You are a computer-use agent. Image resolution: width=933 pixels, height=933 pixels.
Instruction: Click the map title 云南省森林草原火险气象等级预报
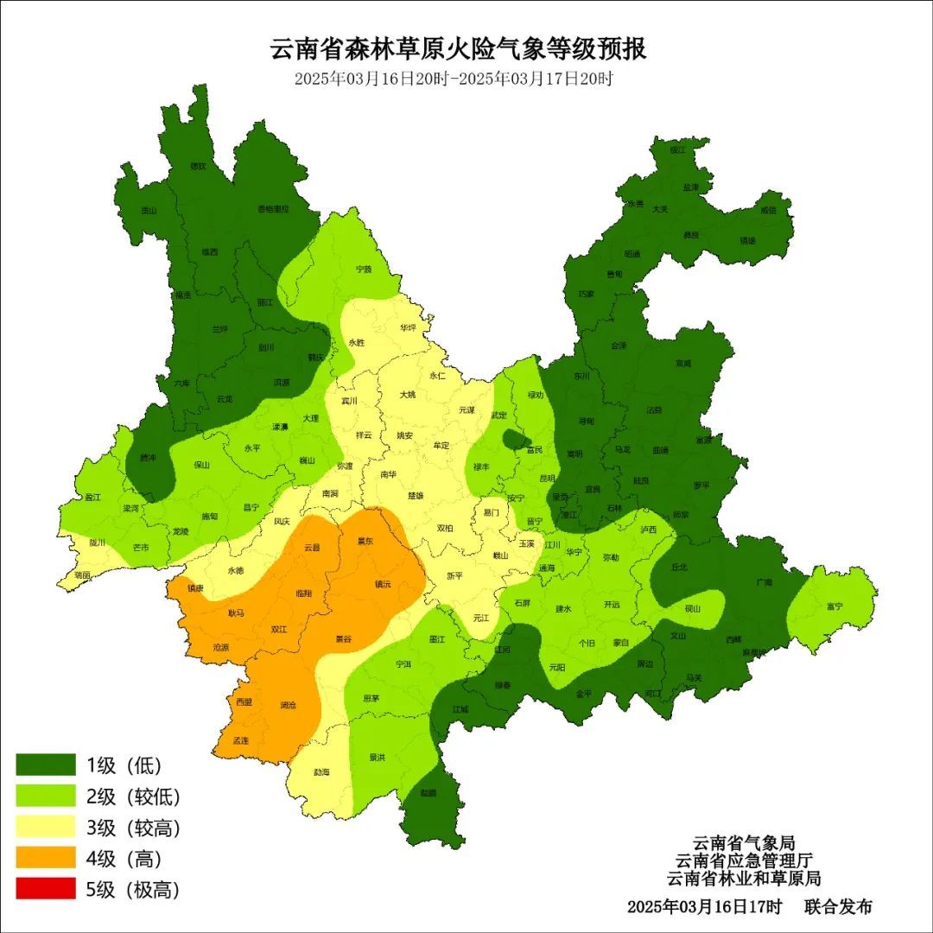point(459,49)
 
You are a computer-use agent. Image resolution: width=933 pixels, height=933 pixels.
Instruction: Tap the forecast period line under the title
point(453,79)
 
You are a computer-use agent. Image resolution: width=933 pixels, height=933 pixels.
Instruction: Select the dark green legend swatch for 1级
point(46,765)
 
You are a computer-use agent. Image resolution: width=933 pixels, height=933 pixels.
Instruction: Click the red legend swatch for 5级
point(46,889)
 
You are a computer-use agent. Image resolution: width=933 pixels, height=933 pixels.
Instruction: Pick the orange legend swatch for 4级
point(46,858)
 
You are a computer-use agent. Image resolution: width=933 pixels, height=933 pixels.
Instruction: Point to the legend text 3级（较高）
point(133,828)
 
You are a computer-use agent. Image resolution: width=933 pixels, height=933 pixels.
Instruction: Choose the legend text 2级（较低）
point(133,797)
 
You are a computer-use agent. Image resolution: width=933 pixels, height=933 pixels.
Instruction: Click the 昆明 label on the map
point(547,478)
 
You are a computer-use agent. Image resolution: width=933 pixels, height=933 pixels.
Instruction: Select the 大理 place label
point(310,418)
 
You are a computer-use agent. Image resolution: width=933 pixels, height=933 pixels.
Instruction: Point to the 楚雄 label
point(416,496)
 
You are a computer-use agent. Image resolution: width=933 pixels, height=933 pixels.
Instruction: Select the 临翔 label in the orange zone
point(303,593)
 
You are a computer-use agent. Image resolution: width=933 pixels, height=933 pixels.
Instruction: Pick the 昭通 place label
point(632,254)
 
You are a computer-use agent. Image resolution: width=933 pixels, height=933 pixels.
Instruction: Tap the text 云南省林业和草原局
point(743,879)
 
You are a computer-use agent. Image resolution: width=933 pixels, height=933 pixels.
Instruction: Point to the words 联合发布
point(838,907)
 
